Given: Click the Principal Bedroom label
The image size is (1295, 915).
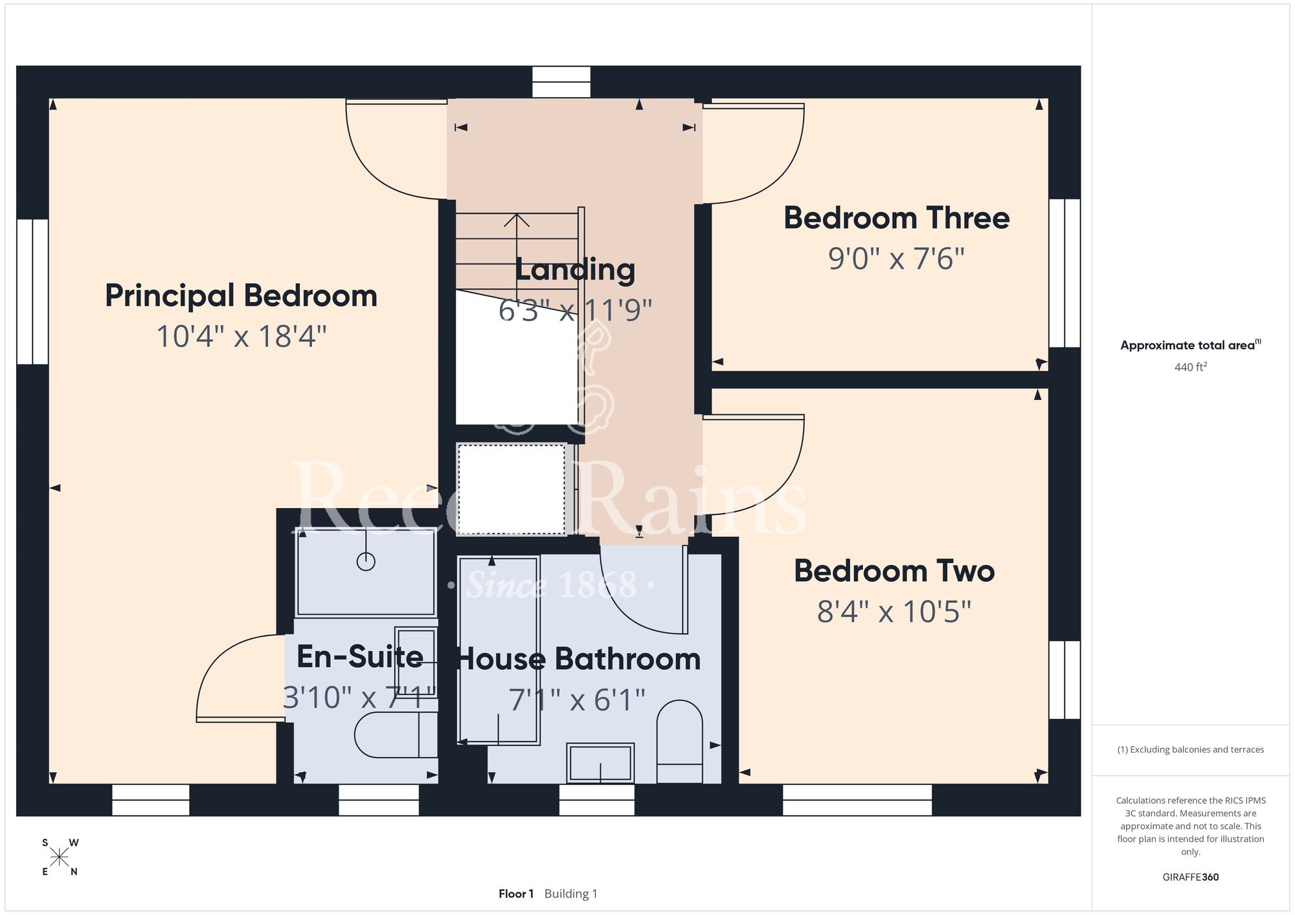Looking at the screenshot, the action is tap(241, 296).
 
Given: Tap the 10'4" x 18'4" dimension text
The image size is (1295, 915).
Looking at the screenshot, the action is tap(242, 336).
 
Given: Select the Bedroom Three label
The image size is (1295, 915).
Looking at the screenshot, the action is tap(897, 218).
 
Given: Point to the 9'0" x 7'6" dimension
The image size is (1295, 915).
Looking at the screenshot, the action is tap(897, 259).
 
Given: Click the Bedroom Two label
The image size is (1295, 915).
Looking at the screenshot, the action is tap(894, 571).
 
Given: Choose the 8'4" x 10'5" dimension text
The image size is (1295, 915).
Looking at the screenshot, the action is tap(894, 612).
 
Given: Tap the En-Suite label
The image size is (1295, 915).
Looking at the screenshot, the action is tap(360, 657).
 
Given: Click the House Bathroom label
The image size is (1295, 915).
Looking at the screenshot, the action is tap(579, 659).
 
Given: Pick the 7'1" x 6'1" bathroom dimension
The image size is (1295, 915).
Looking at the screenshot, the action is tap(577, 700).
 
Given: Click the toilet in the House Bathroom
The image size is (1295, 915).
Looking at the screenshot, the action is tap(680, 742).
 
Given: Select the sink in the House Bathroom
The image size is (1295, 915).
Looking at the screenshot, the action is tap(600, 763).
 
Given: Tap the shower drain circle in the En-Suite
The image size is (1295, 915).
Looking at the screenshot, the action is tap(366, 561).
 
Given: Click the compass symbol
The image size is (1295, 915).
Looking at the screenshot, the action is tap(60, 857).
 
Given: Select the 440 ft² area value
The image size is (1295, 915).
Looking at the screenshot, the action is tap(1191, 367).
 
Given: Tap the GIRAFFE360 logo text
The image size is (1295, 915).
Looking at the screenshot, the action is tap(1191, 877).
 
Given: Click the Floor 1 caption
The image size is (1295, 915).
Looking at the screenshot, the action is tap(516, 894).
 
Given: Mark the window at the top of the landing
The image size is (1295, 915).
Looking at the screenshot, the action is tap(561, 82).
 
